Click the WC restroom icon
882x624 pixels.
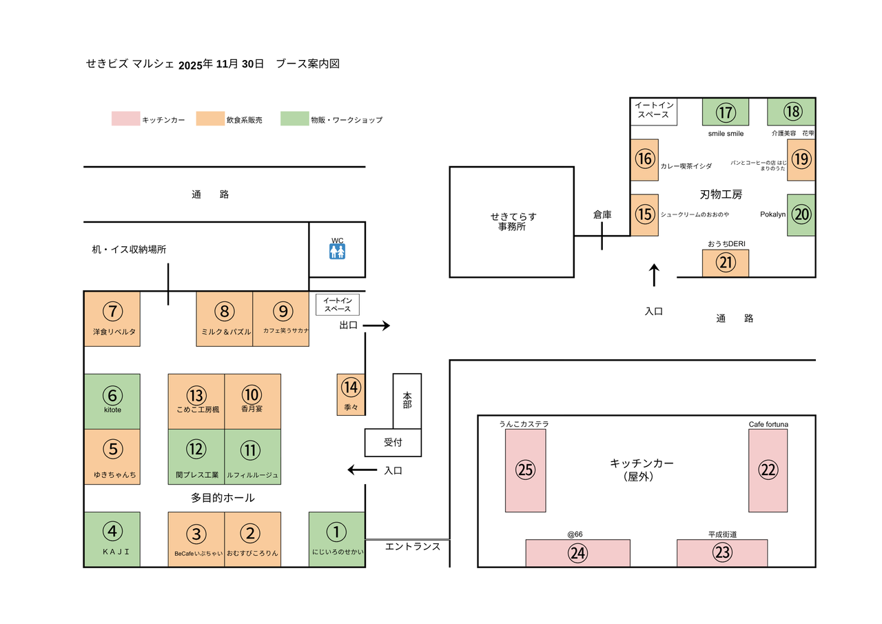tap(337, 252)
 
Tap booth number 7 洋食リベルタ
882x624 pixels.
tap(112, 319)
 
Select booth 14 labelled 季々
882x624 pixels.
tap(351, 394)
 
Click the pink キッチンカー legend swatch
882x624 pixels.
tap(125, 119)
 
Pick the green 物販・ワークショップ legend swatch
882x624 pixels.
tap(294, 119)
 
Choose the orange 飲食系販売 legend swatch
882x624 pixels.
tap(209, 119)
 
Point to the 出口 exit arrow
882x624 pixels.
tap(376, 325)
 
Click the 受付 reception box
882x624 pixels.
tap(393, 442)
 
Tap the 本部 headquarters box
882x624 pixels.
tap(407, 401)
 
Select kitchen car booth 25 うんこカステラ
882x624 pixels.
tap(526, 470)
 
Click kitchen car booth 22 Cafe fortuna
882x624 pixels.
tap(768, 470)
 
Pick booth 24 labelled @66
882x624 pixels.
tap(577, 553)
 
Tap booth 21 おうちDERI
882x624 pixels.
tap(725, 263)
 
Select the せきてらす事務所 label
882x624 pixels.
tap(511, 221)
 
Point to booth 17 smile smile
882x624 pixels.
tap(725, 112)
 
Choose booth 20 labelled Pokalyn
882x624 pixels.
tap(801, 215)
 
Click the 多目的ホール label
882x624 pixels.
tap(223, 498)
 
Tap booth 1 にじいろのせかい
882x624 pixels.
tap(336, 539)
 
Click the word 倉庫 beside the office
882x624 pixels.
tap(602, 215)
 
